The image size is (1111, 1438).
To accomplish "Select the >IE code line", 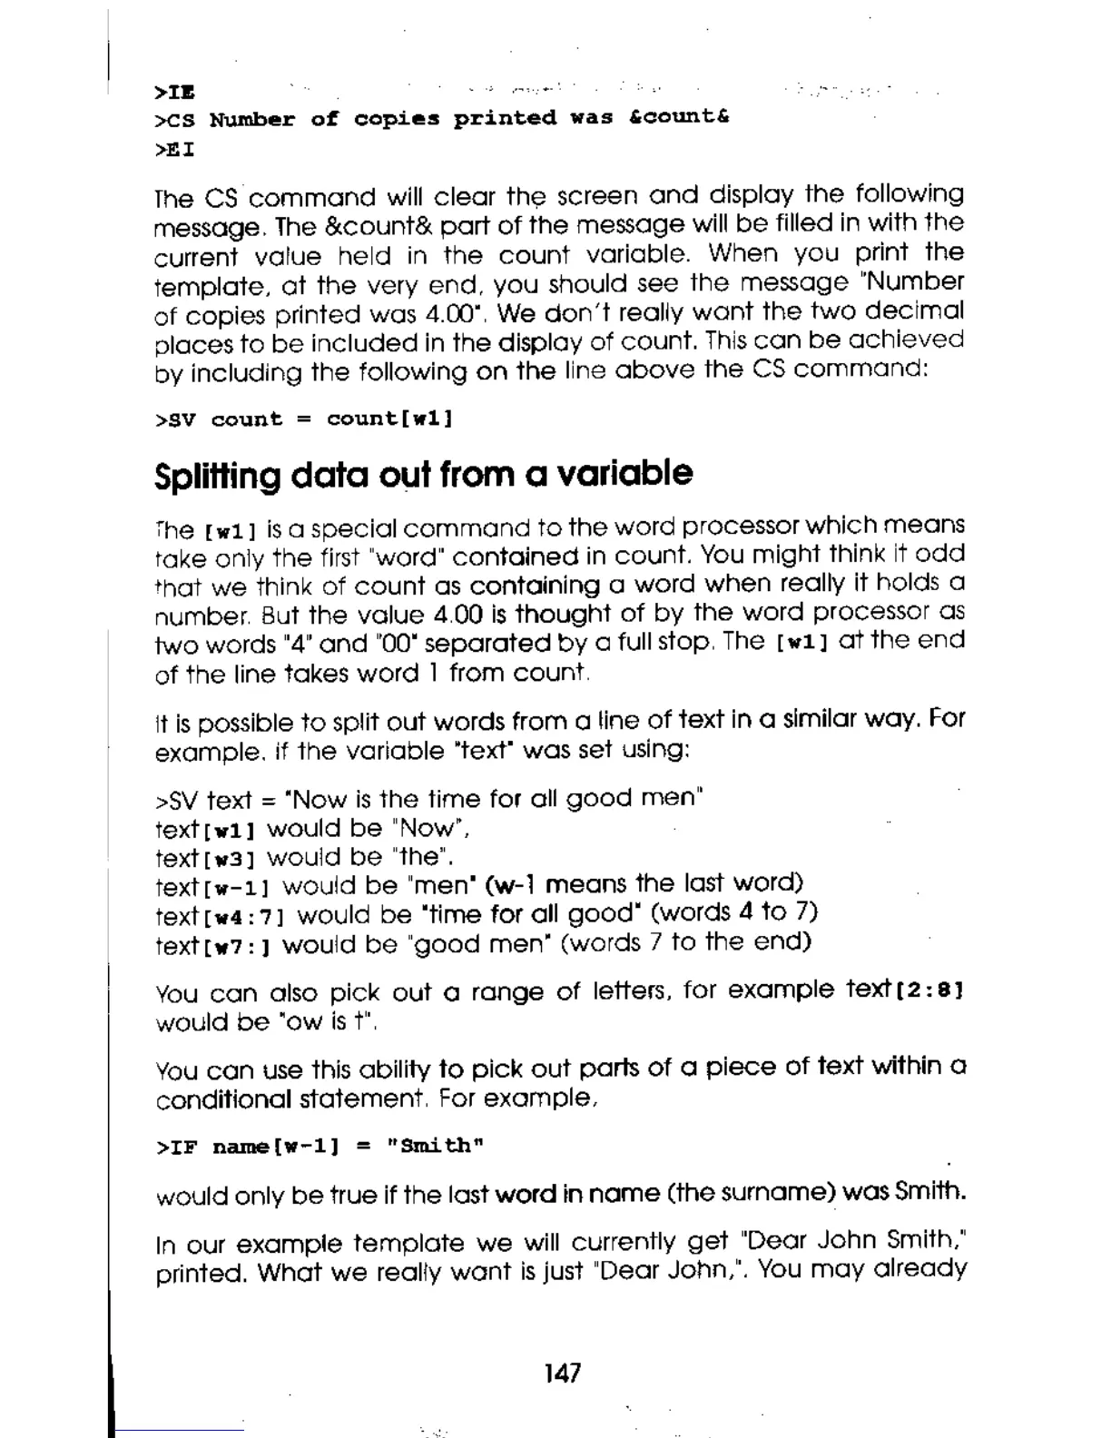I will click(175, 92).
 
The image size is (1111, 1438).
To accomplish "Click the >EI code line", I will click(175, 148).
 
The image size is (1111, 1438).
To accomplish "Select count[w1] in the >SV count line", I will click(389, 419).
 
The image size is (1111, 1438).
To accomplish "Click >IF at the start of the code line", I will click(176, 1147).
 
